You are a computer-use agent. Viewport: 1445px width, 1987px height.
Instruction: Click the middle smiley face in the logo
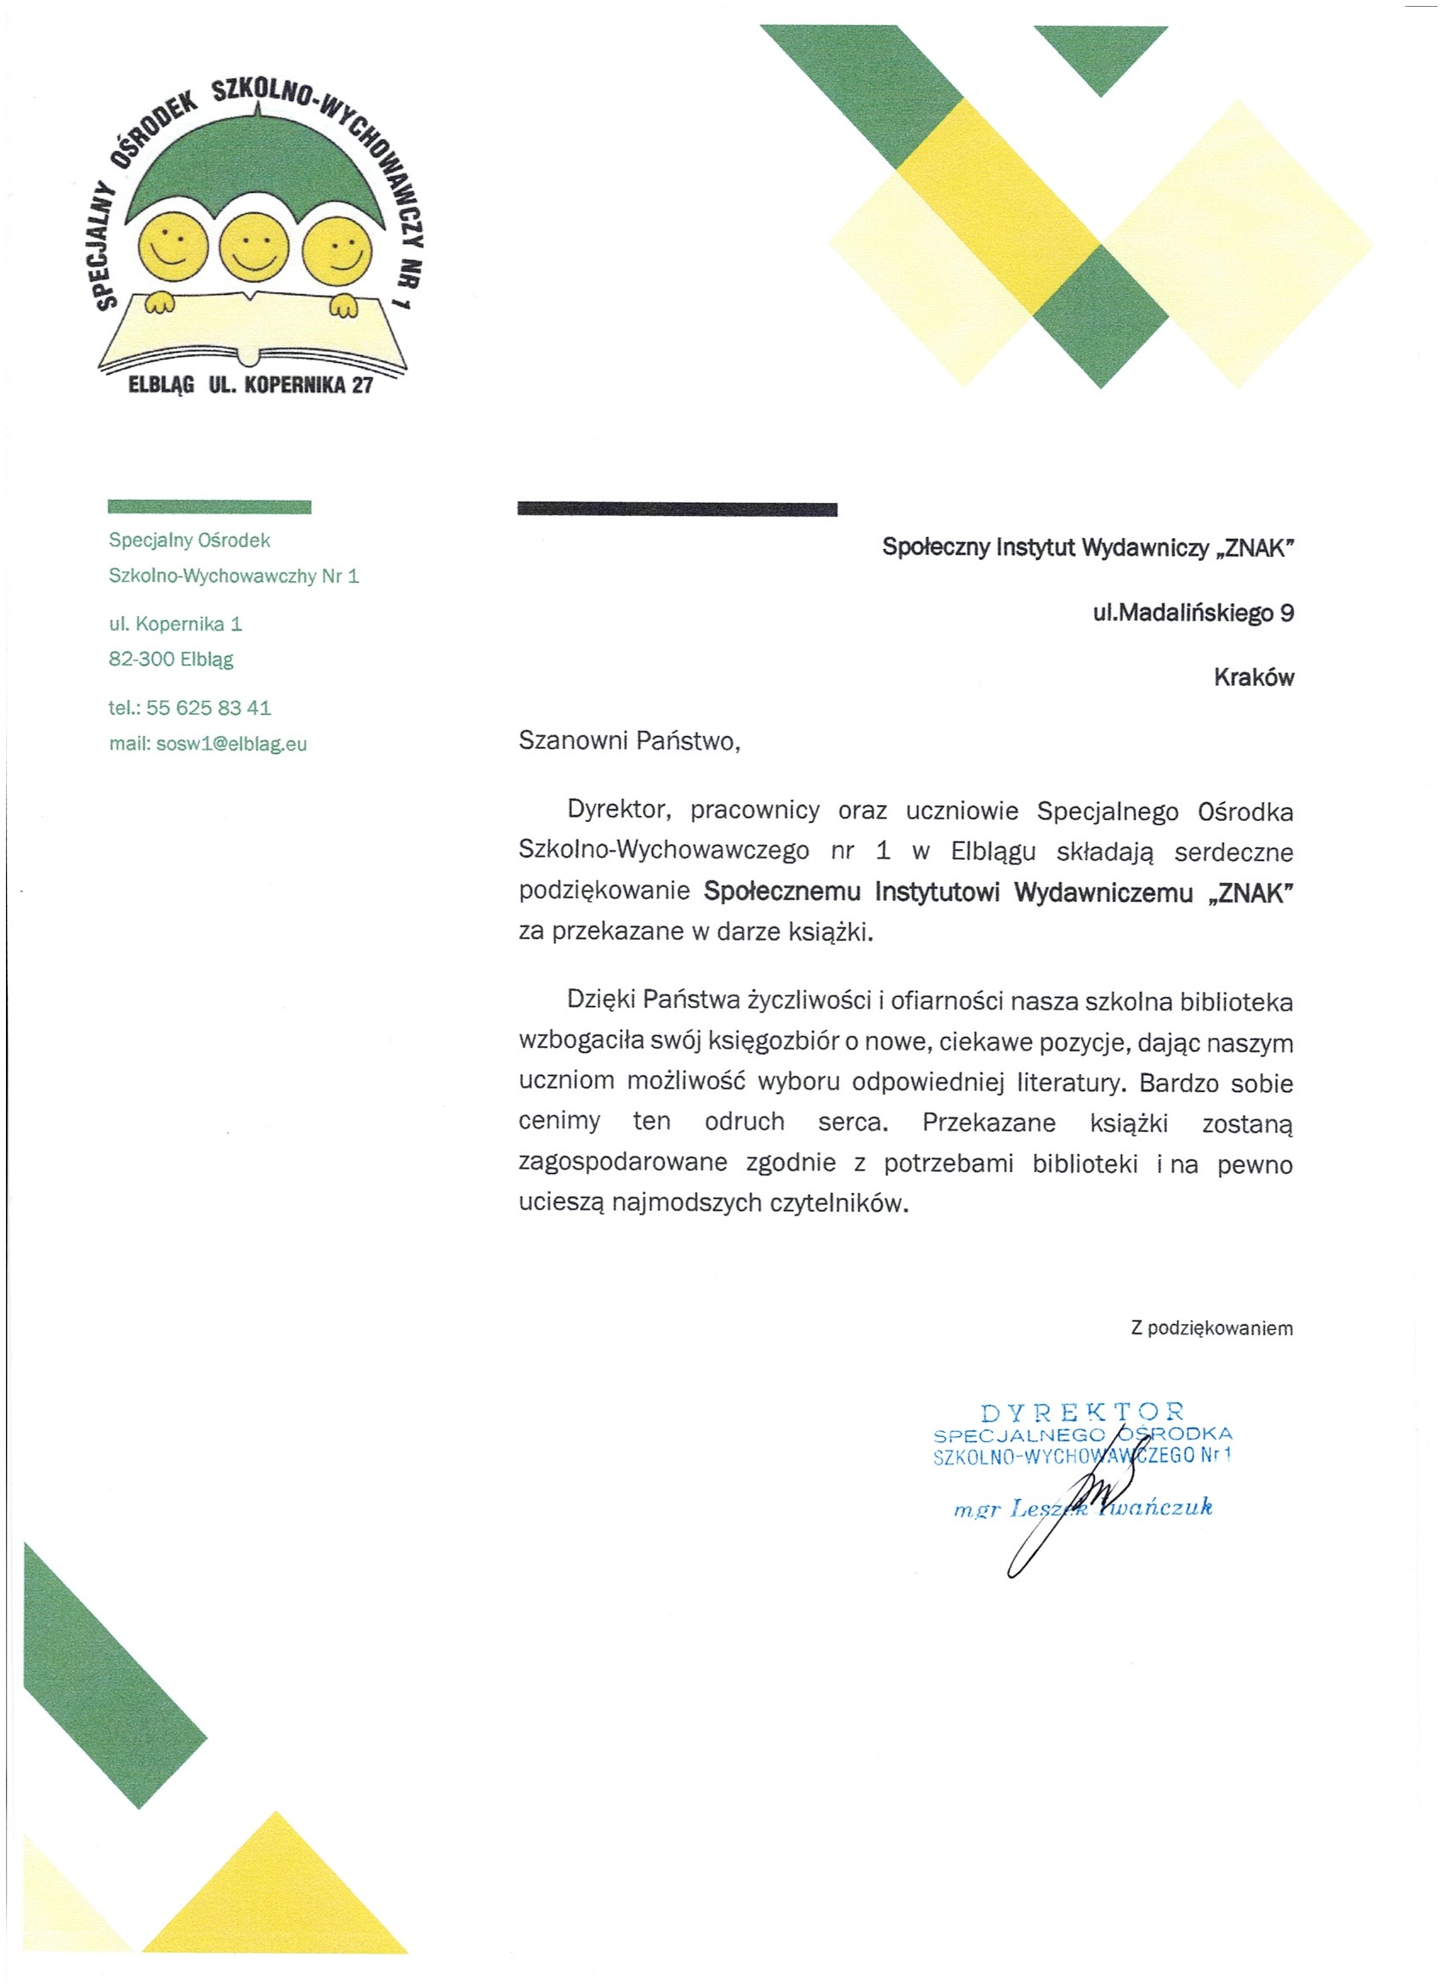253,246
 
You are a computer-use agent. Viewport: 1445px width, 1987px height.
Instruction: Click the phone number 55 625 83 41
208,707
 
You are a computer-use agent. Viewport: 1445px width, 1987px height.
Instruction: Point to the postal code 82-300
141,659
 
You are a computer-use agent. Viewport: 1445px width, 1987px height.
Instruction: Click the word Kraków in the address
1253,677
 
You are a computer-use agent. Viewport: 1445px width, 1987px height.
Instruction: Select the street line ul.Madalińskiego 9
1193,613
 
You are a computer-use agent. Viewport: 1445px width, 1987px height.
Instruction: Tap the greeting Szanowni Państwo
628,741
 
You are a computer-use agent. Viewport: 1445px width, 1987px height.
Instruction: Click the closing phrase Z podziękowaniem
1211,1328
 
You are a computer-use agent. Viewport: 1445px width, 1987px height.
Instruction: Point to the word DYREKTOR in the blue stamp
1082,1412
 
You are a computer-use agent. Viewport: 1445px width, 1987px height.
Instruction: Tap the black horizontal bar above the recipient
677,509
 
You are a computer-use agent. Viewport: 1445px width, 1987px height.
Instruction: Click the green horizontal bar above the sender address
209,507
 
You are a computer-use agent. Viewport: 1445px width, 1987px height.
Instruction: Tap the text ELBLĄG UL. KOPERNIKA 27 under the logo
251,386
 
